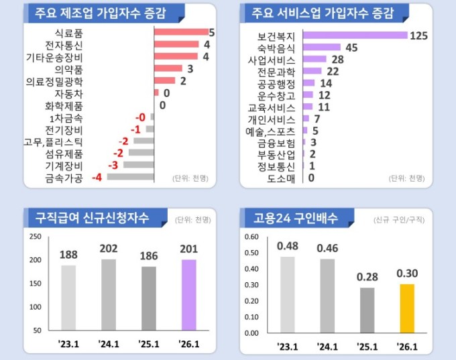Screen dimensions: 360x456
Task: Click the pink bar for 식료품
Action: point(181,32)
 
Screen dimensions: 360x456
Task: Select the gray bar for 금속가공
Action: point(130,177)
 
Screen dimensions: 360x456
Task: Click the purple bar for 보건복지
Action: point(355,36)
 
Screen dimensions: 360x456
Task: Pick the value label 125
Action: point(418,36)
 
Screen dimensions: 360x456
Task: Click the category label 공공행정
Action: point(276,83)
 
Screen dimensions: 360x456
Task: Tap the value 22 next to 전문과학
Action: point(333,71)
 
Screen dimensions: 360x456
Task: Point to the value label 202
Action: point(108,249)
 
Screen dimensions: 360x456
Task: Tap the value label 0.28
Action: point(367,277)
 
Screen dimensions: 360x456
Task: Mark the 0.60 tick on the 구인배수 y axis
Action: point(251,237)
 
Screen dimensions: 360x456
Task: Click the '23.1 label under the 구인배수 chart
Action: point(287,346)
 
